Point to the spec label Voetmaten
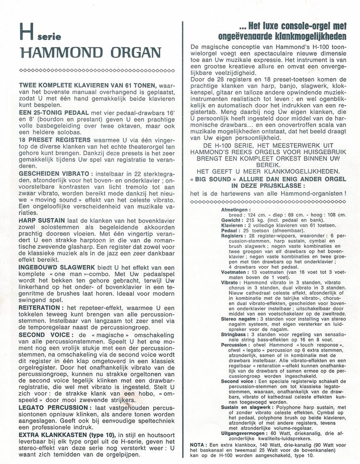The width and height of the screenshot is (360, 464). click(x=234, y=272)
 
